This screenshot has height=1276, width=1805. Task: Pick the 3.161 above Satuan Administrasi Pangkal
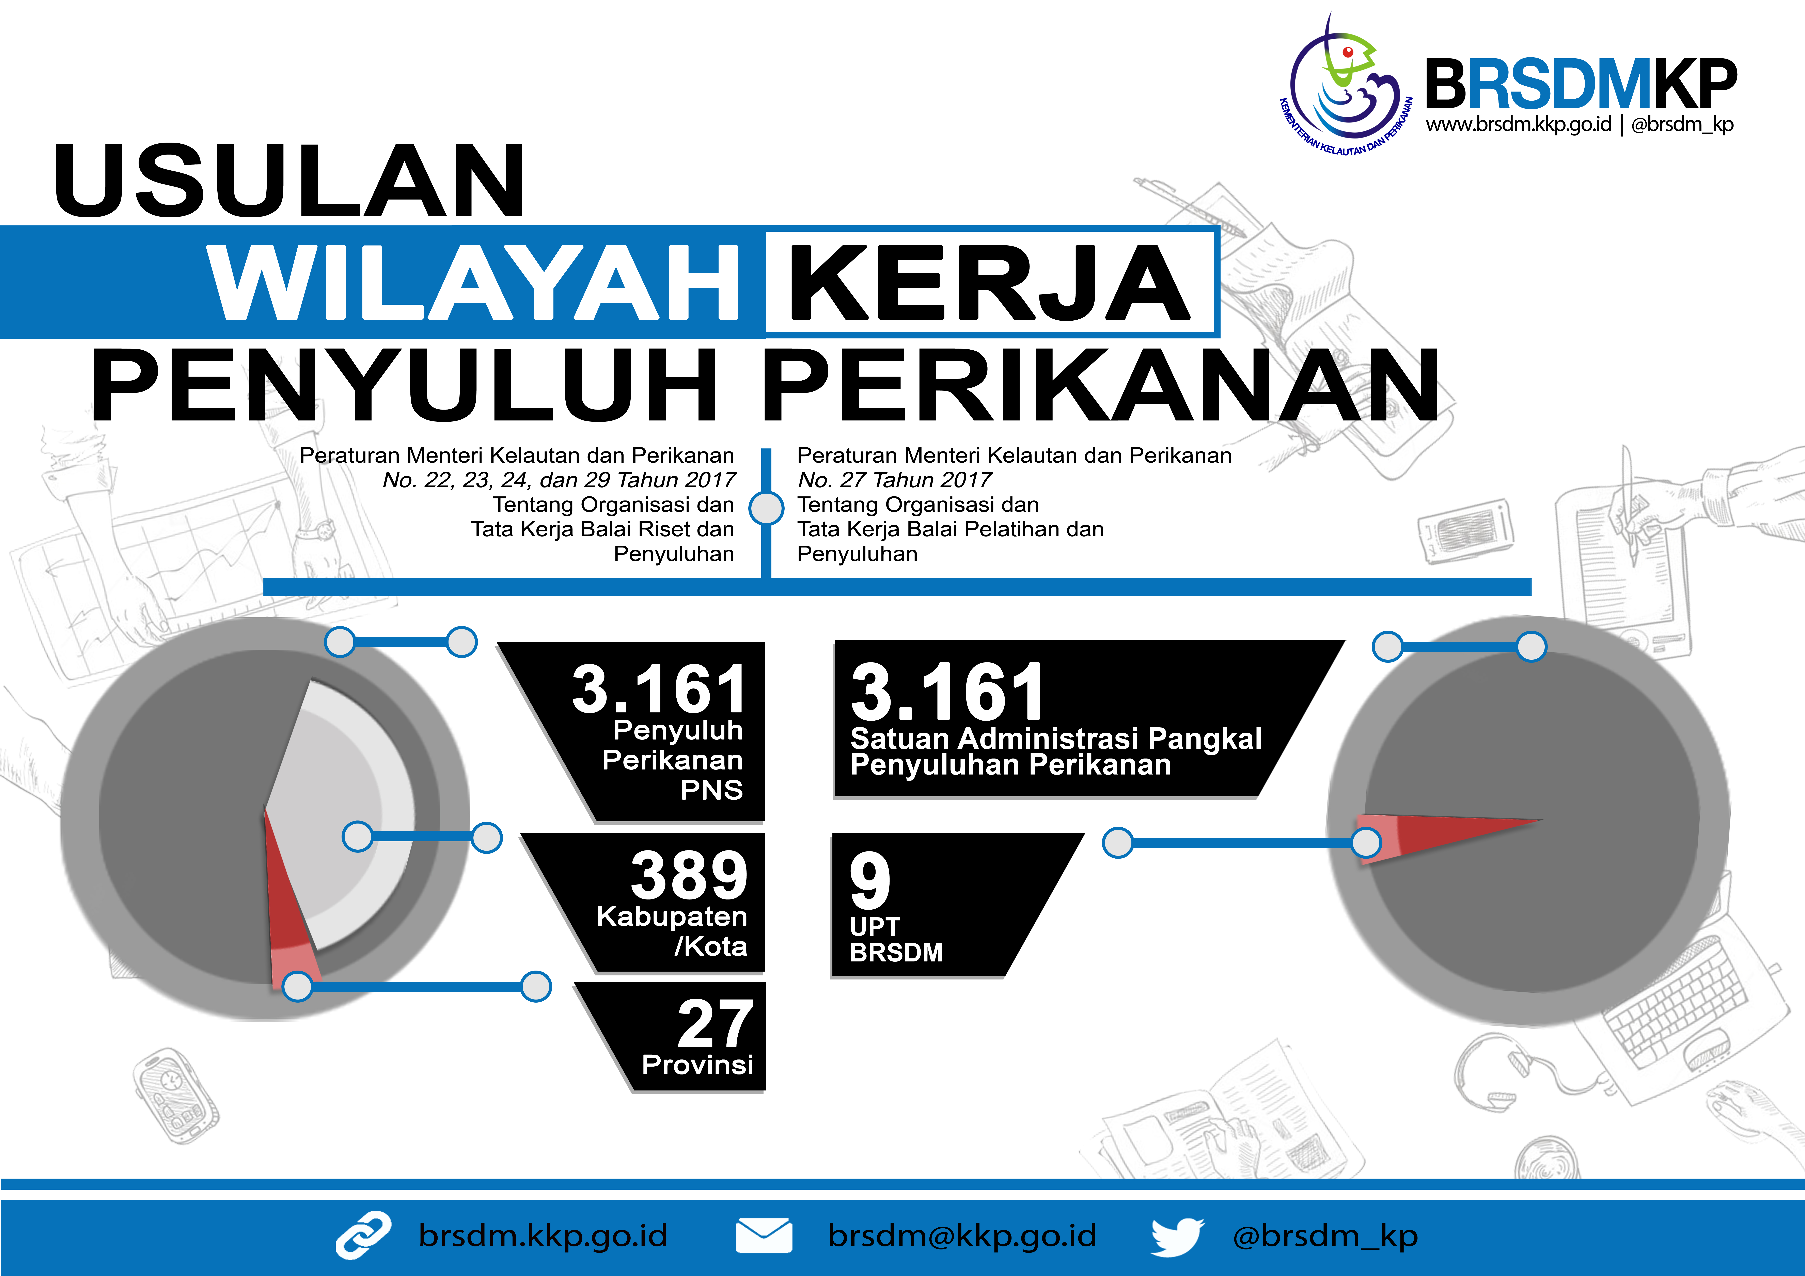coord(947,692)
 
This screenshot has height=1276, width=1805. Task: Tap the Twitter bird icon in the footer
coord(1177,1237)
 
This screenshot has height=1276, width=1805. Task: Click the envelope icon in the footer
coord(763,1236)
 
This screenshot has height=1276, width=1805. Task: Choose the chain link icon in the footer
coord(363,1235)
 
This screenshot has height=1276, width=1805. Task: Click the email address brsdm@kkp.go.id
coord(961,1236)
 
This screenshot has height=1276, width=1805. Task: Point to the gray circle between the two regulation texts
coord(767,508)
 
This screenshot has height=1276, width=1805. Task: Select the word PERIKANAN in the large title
coord(1101,385)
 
